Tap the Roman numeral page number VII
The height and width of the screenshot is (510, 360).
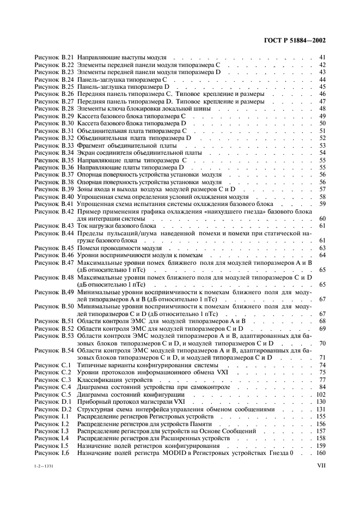pyautogui.click(x=321, y=466)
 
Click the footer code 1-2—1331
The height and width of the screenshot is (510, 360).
pyautogui.click(x=45, y=467)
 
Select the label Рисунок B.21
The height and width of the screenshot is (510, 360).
pyautogui.click(x=53, y=57)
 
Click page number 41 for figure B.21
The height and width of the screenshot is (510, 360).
pyautogui.click(x=322, y=57)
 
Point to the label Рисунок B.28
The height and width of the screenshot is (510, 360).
pyautogui.click(x=53, y=109)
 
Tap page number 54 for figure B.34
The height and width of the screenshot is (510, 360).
pyautogui.click(x=322, y=154)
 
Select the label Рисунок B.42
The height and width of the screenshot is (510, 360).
pyautogui.click(x=53, y=211)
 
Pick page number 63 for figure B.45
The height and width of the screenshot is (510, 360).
pyautogui.click(x=322, y=248)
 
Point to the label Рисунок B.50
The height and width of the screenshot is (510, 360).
pyautogui.click(x=53, y=307)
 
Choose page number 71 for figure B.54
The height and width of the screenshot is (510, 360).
pyautogui.click(x=322, y=357)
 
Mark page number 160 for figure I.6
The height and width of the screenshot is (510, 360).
pyautogui.click(x=320, y=453)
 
